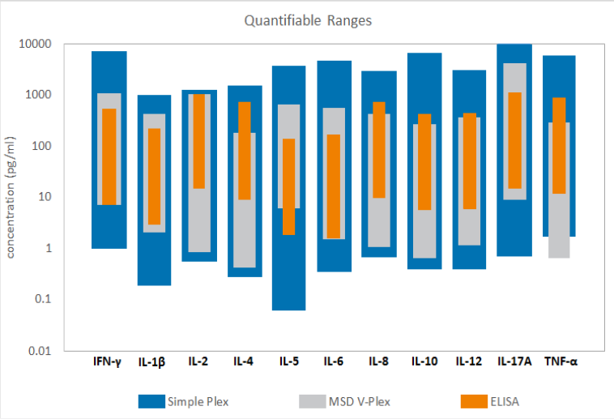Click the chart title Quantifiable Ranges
309,20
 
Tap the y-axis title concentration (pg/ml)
11,197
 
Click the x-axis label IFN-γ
109,361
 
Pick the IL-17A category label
514,361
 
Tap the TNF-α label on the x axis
560,361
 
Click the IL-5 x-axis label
289,361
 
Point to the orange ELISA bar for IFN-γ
109,156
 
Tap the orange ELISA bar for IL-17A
514,140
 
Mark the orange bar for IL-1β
154,177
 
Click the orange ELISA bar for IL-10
424,162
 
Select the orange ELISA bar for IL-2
198,142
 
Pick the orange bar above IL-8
379,150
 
